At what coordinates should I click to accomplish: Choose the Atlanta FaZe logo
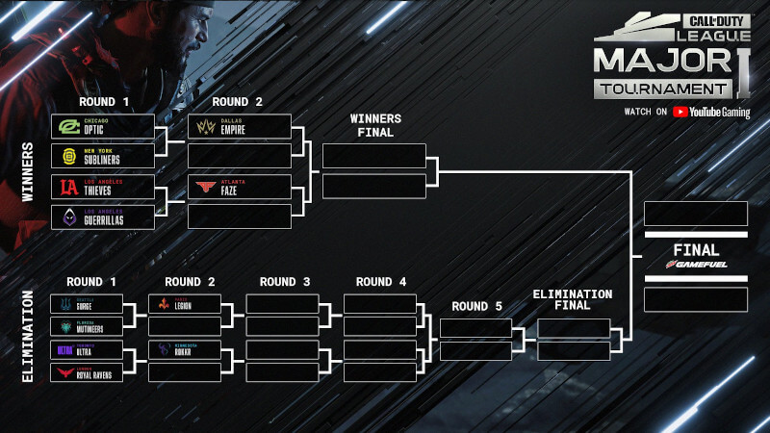tap(205, 187)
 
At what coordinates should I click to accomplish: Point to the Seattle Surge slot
tap(86, 303)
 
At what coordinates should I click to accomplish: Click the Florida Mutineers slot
tap(86, 326)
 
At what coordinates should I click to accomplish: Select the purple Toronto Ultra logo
tap(64, 349)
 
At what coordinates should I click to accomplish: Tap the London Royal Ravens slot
tap(86, 372)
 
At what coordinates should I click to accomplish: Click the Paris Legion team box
tap(184, 303)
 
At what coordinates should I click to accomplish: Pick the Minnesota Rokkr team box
tap(184, 349)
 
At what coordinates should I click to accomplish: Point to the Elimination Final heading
tap(573, 300)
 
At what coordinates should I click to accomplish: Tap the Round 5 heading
tap(477, 307)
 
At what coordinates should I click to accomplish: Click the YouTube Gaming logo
tap(711, 112)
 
